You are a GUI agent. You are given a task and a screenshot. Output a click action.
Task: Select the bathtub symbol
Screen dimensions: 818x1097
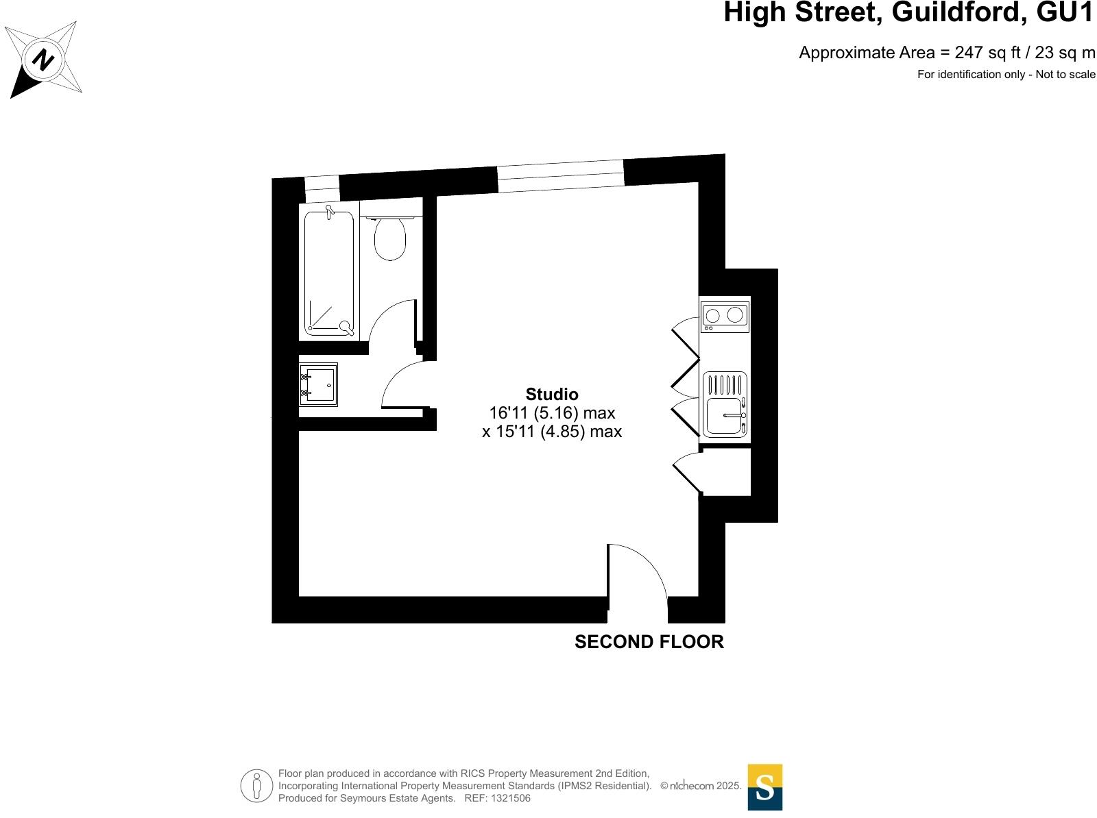329,273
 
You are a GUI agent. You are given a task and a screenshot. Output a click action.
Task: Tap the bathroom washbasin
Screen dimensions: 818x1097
318,384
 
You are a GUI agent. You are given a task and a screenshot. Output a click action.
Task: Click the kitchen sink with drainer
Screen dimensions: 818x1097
725,404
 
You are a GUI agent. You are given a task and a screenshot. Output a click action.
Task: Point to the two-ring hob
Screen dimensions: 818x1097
725,315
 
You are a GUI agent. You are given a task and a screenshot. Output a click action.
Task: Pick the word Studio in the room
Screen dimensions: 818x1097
552,394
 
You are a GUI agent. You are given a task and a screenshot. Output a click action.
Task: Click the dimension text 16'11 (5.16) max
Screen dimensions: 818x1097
552,413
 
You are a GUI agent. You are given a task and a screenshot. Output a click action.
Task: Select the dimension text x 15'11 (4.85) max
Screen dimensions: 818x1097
552,432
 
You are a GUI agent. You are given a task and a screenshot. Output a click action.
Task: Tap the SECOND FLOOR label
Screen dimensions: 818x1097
649,642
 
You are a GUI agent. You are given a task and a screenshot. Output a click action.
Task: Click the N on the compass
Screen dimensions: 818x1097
43,60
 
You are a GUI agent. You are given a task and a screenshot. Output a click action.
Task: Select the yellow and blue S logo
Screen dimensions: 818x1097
764,787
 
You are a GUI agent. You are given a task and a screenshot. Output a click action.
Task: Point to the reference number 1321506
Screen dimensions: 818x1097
508,798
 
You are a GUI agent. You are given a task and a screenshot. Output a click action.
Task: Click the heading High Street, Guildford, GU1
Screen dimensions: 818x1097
908,13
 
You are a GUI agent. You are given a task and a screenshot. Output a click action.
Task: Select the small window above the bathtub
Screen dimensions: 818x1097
322,188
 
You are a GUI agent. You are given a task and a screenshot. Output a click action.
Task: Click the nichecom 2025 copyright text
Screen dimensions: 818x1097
701,786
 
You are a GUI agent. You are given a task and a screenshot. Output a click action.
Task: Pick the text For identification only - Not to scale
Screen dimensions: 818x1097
1006,75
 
